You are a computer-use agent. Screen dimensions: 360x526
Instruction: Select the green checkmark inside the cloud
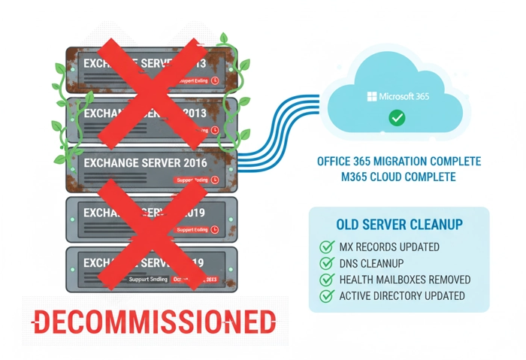[x=397, y=118]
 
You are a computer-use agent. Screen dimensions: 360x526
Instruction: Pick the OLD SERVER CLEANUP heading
[x=399, y=225]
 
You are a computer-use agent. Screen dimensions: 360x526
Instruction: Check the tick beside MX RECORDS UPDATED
[x=327, y=247]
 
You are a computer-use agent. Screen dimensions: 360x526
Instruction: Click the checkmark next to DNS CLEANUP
[x=327, y=263]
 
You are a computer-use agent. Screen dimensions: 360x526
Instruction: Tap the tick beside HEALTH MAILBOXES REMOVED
[x=327, y=280]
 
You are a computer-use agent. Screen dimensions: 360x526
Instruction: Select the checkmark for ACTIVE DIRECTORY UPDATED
[x=327, y=296]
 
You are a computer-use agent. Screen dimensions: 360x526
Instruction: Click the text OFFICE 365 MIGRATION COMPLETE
[x=398, y=162]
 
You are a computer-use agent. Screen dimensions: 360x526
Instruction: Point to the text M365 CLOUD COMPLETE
[x=398, y=177]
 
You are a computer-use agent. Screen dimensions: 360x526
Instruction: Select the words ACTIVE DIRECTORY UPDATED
[x=402, y=296]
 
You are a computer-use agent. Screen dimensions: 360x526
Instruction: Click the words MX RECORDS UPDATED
[x=389, y=247]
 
